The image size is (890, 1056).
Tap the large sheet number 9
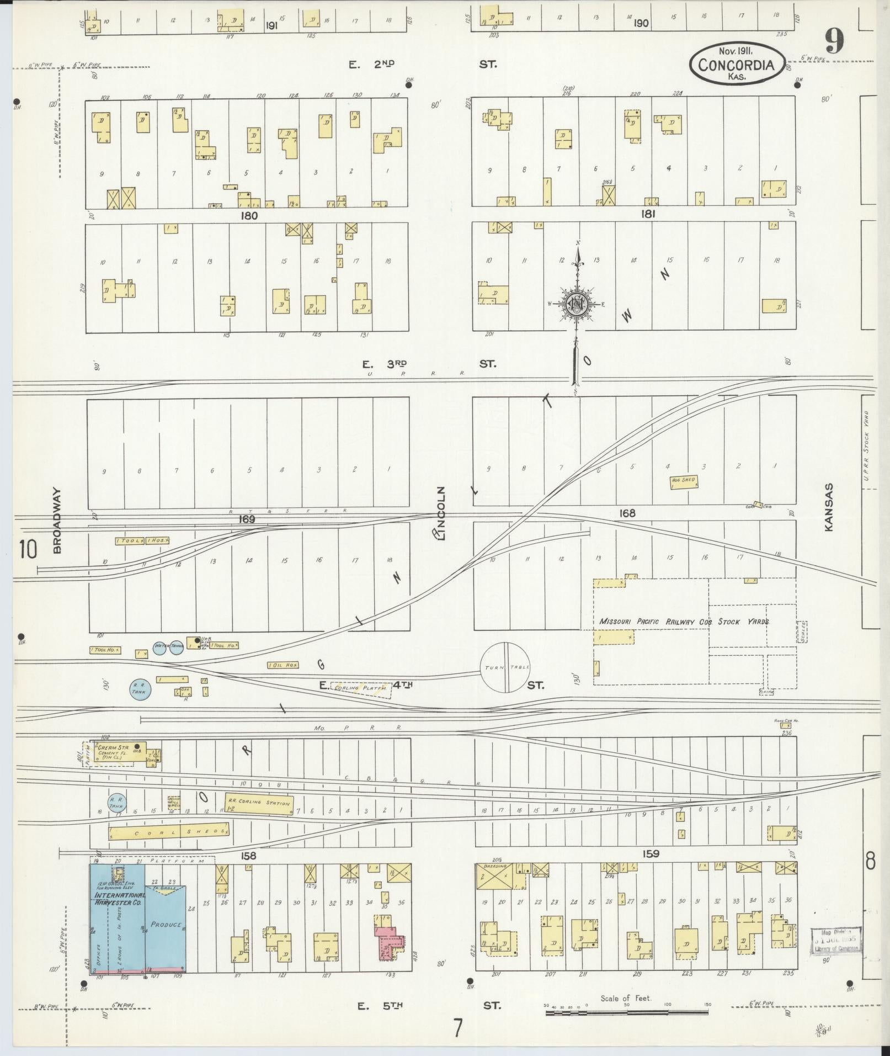[834, 41]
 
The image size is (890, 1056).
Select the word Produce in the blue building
[166, 924]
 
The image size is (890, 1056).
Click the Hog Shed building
[684, 481]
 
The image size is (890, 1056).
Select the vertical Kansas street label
[828, 507]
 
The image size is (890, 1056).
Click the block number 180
[249, 215]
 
